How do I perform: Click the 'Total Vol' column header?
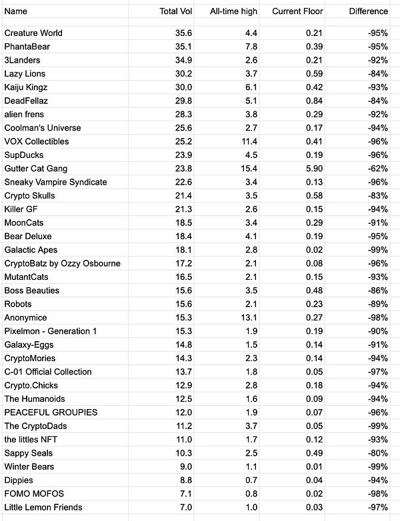click(x=177, y=11)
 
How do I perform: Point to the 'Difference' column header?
click(x=368, y=11)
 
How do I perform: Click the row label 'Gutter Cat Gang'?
click(x=36, y=169)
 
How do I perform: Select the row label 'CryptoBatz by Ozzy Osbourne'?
click(x=62, y=263)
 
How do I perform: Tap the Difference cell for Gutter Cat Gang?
click(x=376, y=169)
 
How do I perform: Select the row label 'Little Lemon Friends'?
click(x=43, y=508)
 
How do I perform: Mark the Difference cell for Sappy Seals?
click(x=376, y=453)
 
